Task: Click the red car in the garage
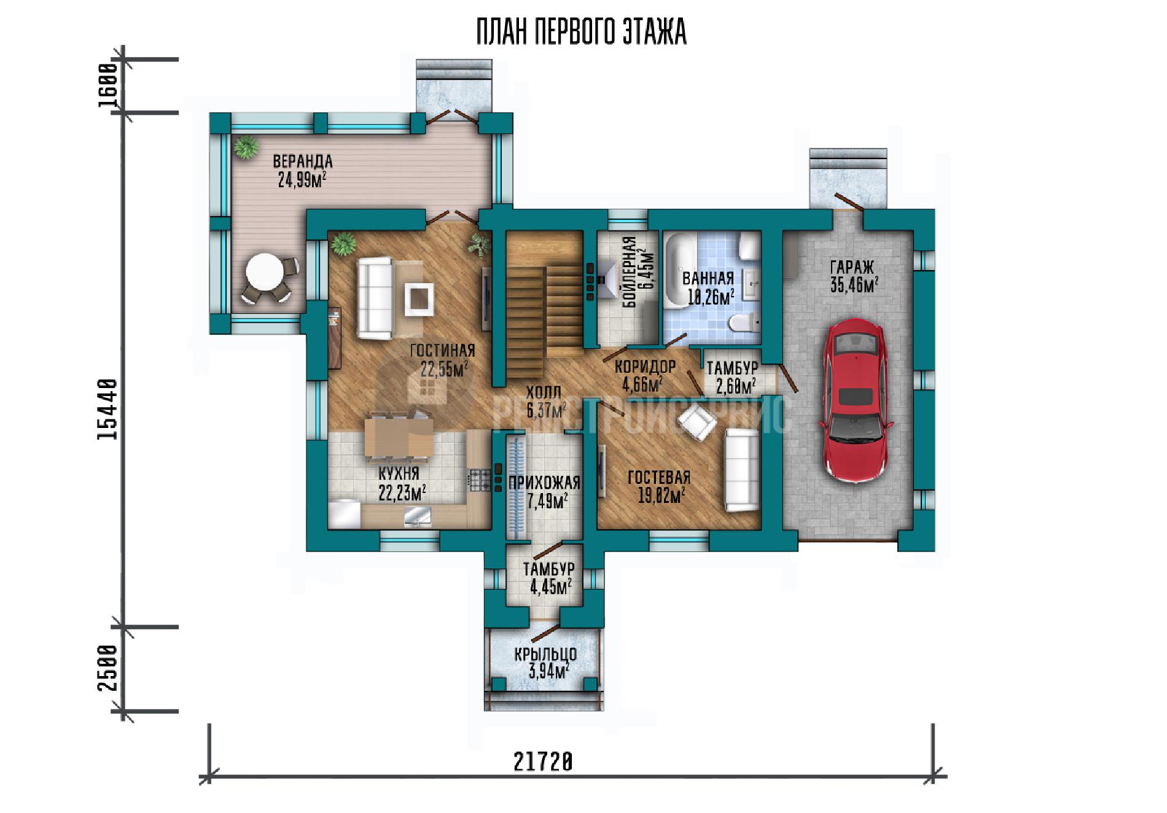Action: click(x=854, y=402)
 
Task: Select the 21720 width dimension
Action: click(x=543, y=762)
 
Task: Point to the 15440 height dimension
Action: click(x=107, y=410)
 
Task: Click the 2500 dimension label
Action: click(x=107, y=667)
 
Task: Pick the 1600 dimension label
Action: click(x=107, y=85)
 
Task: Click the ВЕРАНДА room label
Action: click(x=302, y=161)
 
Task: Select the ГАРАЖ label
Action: click(x=852, y=267)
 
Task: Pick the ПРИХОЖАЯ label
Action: click(x=544, y=483)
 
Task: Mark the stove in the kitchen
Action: click(x=480, y=480)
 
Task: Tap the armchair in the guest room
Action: click(x=697, y=424)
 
